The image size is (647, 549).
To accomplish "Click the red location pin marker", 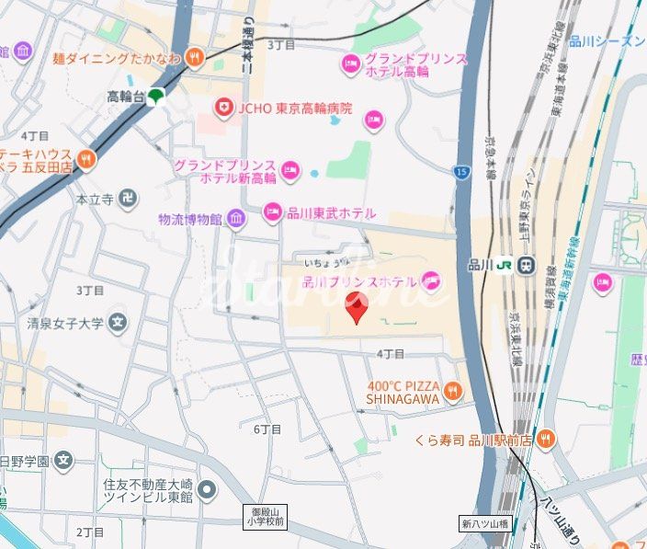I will pyautogui.click(x=357, y=307).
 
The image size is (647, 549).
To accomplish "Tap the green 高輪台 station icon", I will pyautogui.click(x=157, y=96).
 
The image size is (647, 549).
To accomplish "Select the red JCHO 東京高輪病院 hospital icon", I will pyautogui.click(x=223, y=109).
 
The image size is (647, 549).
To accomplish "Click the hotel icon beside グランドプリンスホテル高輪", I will pyautogui.click(x=350, y=63).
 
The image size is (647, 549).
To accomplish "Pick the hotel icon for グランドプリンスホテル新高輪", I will pyautogui.click(x=289, y=168).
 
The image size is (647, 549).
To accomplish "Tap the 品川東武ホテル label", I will pyautogui.click(x=332, y=212).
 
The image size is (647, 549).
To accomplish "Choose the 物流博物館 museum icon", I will pyautogui.click(x=236, y=219).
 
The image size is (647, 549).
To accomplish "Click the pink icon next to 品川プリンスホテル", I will pyautogui.click(x=431, y=280).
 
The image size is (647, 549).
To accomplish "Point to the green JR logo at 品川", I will pyautogui.click(x=505, y=265).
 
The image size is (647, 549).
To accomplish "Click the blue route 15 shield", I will pyautogui.click(x=460, y=170).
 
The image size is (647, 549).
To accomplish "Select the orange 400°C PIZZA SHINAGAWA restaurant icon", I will pyautogui.click(x=452, y=394).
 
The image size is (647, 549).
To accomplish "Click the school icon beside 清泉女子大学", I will pyautogui.click(x=118, y=322).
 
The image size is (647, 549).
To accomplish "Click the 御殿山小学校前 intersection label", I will pyautogui.click(x=268, y=516).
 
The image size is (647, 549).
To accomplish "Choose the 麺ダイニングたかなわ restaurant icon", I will pyautogui.click(x=195, y=57).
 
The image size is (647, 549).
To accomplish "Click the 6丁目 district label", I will pyautogui.click(x=267, y=429).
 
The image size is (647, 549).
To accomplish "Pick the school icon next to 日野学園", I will pyautogui.click(x=62, y=461).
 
